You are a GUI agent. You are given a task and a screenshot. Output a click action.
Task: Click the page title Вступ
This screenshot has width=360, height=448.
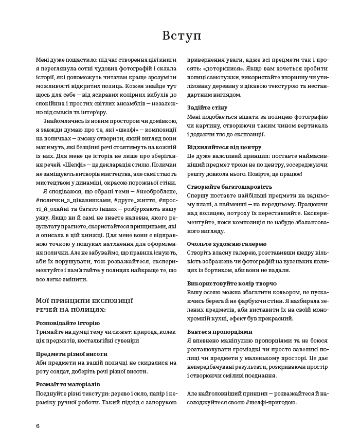(x=181, y=35)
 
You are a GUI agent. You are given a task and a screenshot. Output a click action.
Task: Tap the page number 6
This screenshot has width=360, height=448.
(x=38, y=425)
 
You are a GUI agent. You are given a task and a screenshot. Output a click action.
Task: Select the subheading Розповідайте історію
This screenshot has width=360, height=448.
(x=68, y=323)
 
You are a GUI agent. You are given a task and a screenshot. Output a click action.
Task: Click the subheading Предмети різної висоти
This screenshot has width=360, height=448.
(x=71, y=354)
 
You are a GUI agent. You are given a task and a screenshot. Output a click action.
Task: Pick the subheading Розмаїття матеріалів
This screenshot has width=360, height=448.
(x=68, y=384)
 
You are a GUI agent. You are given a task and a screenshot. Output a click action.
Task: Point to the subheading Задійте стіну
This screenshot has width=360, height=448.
(x=207, y=107)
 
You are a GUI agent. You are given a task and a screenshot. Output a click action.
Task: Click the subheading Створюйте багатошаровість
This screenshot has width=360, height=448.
(x=229, y=187)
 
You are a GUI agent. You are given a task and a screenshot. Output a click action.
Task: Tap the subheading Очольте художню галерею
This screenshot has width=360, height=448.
(x=227, y=244)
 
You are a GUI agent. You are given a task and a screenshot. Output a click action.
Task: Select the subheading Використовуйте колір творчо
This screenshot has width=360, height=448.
(x=232, y=283)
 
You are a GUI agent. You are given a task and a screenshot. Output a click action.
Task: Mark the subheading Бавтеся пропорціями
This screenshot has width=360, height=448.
(x=220, y=332)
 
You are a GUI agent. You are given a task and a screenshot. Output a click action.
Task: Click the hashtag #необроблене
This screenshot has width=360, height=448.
(x=160, y=191)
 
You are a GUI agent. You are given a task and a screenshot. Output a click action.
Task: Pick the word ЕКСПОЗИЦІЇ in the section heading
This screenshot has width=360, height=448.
(x=108, y=300)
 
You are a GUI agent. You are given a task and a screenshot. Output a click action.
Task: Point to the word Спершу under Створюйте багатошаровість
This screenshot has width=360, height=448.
(x=197, y=196)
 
